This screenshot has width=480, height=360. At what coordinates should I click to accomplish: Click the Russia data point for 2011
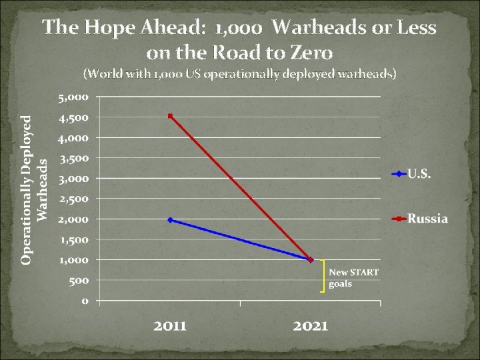pos(171,116)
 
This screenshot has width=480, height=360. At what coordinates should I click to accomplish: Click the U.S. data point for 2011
pos(171,219)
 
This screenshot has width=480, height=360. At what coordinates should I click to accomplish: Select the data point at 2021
pos(311,259)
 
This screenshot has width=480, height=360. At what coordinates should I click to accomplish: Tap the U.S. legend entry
pos(419,175)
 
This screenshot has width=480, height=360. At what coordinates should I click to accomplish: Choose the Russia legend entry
pos(427,219)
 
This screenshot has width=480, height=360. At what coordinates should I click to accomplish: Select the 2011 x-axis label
pos(171,326)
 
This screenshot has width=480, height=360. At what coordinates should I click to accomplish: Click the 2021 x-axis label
pos(311,326)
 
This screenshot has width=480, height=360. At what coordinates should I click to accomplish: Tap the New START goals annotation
pos(353,277)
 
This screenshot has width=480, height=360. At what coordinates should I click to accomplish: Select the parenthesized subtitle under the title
pos(239,74)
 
